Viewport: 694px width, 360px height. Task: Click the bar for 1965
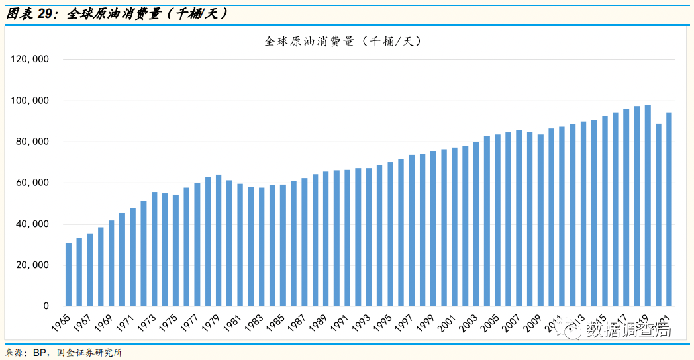tap(68, 275)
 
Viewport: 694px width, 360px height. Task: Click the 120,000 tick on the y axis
tap(30, 60)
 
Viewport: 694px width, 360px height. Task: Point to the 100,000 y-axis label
tap(30, 101)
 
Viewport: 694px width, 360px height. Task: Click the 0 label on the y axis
tap(46, 306)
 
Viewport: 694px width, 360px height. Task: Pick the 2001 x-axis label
tap(448, 322)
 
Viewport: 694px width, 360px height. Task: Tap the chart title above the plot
tap(342, 41)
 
